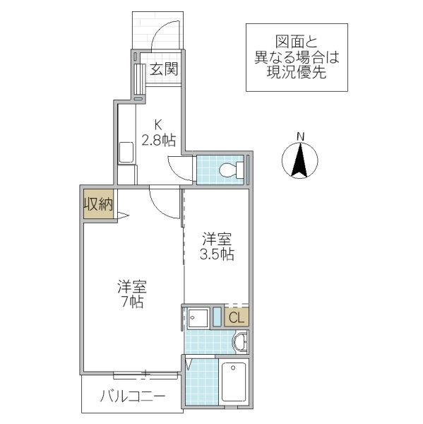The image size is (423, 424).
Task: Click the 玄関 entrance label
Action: pos(163,70)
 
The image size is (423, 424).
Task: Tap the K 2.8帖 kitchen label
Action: pos(157,132)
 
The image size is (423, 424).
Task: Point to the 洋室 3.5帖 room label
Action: pos(217,247)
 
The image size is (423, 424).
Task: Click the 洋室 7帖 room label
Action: pos(131,294)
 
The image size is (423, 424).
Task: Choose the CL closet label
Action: pos(237,317)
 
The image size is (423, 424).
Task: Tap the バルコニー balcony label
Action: pos(132,396)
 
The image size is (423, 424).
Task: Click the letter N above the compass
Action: pos(300,136)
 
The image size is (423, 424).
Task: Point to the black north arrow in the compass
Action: pos(300,160)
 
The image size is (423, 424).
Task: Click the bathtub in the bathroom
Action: pos(234,384)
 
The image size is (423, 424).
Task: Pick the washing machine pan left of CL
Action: pos(198,318)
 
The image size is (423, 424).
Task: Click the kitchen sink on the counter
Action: pos(126,152)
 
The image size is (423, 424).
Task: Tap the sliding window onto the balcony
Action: pos(145,372)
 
